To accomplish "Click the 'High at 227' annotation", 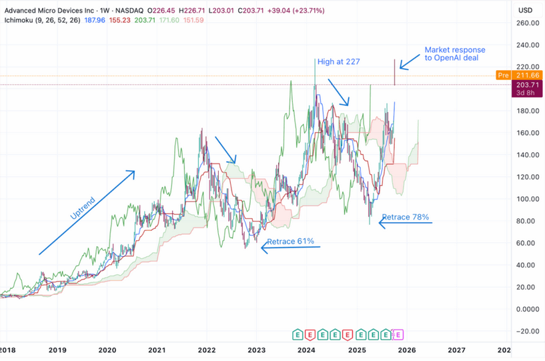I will click(339, 62).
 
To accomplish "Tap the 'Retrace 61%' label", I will click(290, 241).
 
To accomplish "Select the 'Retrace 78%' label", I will click(405, 218).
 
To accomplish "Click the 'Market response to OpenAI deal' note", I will click(455, 54).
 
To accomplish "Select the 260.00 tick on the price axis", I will click(528, 23).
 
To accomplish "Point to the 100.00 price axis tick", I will click(528, 199).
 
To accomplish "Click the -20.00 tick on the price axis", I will click(528, 331).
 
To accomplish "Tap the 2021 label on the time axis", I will click(157, 350).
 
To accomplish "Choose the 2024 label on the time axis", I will click(306, 350).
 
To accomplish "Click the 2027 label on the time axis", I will click(456, 350).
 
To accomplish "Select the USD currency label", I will click(525, 10).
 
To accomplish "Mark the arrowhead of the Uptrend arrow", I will click(133, 172).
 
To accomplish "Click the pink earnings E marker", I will click(399, 334).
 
